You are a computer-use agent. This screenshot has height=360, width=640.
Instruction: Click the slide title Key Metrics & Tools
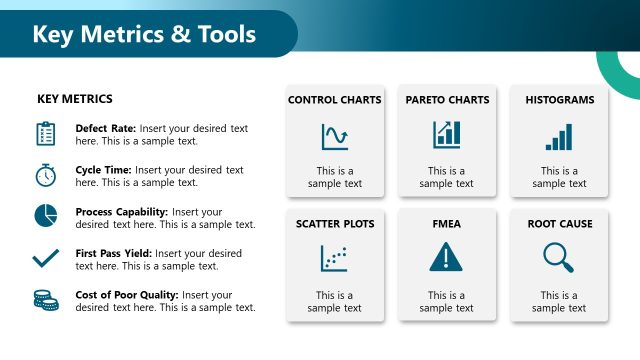pyautogui.click(x=144, y=35)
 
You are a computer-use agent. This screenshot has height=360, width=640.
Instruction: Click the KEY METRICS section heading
pyautogui.click(x=75, y=99)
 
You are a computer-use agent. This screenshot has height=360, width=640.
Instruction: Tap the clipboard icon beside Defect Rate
pyautogui.click(x=45, y=134)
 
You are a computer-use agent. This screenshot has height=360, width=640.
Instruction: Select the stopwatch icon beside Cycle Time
pyautogui.click(x=45, y=175)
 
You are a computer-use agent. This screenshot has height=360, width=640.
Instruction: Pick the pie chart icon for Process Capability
pyautogui.click(x=45, y=215)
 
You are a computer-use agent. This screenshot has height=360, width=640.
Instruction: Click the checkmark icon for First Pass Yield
pyautogui.click(x=45, y=258)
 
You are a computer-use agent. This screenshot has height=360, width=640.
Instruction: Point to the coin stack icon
pyautogui.click(x=45, y=299)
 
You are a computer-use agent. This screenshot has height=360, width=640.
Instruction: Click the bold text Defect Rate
pyautogui.click(x=106, y=129)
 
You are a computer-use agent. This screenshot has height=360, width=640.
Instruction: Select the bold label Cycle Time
pyautogui.click(x=103, y=170)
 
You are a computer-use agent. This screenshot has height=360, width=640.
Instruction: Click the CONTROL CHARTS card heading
pyautogui.click(x=334, y=100)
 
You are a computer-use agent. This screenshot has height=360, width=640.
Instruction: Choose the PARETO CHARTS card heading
pyautogui.click(x=447, y=100)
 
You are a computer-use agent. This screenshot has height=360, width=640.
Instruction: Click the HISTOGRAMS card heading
pyautogui.click(x=560, y=100)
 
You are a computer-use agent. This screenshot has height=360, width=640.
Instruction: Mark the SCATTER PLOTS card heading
pyautogui.click(x=334, y=224)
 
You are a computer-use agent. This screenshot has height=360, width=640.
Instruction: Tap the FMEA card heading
pyautogui.click(x=447, y=224)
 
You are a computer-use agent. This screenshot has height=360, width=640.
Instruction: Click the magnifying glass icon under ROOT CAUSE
pyautogui.click(x=558, y=258)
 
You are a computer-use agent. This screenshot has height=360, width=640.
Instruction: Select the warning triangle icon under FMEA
pyautogui.click(x=447, y=258)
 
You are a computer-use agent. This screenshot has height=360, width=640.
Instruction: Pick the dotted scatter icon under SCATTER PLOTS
pyautogui.click(x=334, y=258)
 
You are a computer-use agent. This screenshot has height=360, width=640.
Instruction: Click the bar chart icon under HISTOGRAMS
pyautogui.click(x=559, y=136)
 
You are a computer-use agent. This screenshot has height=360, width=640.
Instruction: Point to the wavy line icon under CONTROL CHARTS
pyautogui.click(x=334, y=136)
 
